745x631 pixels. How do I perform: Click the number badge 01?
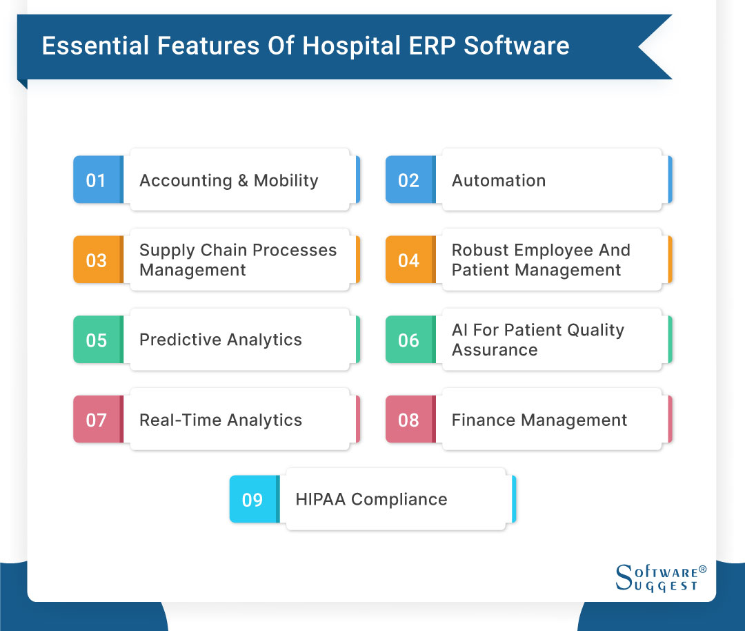97,180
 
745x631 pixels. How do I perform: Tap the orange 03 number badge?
97,260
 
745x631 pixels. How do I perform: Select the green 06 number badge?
408,340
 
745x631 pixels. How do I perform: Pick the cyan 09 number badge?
252,500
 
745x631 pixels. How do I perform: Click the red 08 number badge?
408,420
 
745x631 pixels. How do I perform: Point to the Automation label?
498,180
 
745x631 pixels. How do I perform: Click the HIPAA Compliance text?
371,499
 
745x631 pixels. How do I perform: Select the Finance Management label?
539,420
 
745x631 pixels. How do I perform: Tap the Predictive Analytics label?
220,340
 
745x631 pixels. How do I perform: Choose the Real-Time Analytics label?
220,420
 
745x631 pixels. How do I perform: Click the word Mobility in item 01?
286,180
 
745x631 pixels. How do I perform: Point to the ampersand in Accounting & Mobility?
243,180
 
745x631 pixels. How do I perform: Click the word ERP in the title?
430,46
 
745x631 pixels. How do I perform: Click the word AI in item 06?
459,330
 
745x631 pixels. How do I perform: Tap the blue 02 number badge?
408,180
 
